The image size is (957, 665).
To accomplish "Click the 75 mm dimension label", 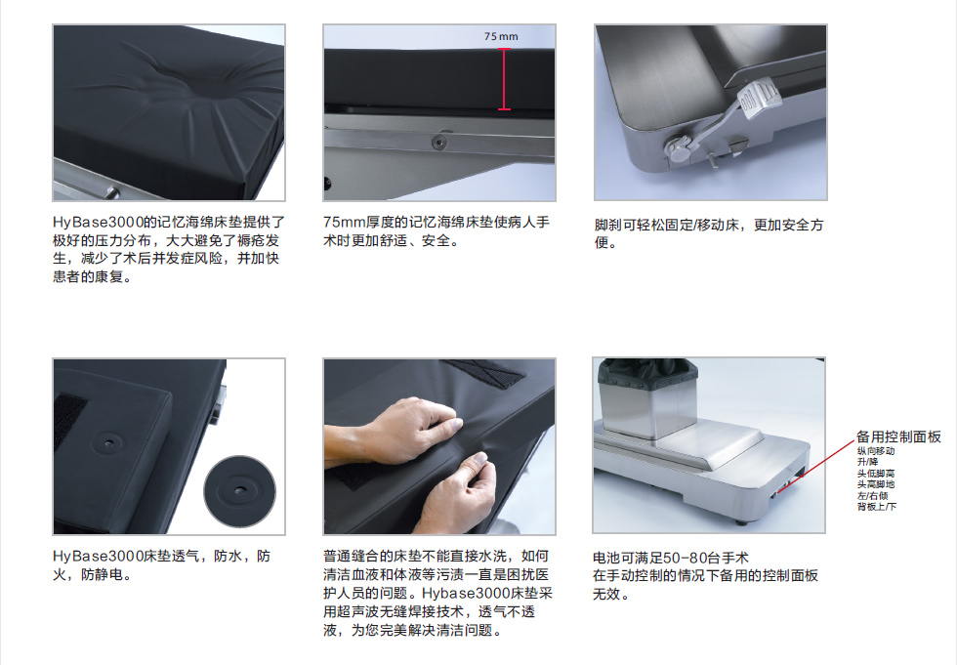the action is (501, 36).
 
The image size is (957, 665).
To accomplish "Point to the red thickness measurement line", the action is (504, 79).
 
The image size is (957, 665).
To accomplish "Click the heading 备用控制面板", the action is (898, 436).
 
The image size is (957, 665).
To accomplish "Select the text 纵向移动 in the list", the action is (876, 451).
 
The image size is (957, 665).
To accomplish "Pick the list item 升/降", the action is (867, 462).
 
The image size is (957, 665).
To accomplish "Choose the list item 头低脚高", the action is (876, 474).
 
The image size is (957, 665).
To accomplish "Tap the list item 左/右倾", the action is (872, 495).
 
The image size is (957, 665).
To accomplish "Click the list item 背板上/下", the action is (877, 507).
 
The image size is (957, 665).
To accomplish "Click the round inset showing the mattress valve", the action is (239, 491).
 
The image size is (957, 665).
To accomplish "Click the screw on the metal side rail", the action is (438, 143).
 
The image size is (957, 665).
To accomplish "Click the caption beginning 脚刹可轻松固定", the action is (709, 233).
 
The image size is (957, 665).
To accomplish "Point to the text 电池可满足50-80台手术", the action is (670, 558).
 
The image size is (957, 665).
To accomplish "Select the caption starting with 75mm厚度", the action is (437, 231).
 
